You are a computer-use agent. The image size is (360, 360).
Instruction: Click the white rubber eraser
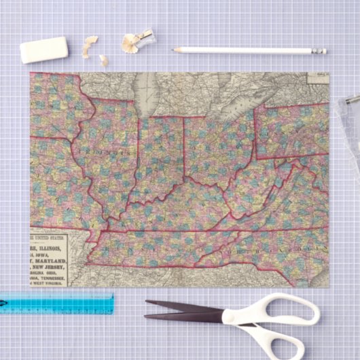click(x=44, y=50)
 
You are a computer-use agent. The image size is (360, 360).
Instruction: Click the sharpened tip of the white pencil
click(x=176, y=50)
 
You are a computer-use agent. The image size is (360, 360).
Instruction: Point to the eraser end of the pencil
click(x=321, y=51)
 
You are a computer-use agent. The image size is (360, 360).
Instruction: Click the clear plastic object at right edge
click(x=348, y=129)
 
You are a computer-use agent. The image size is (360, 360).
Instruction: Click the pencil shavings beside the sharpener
click(x=128, y=43)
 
